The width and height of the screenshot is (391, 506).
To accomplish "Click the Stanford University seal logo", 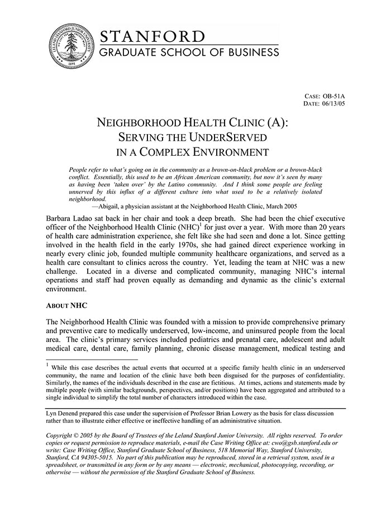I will point(70,47).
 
